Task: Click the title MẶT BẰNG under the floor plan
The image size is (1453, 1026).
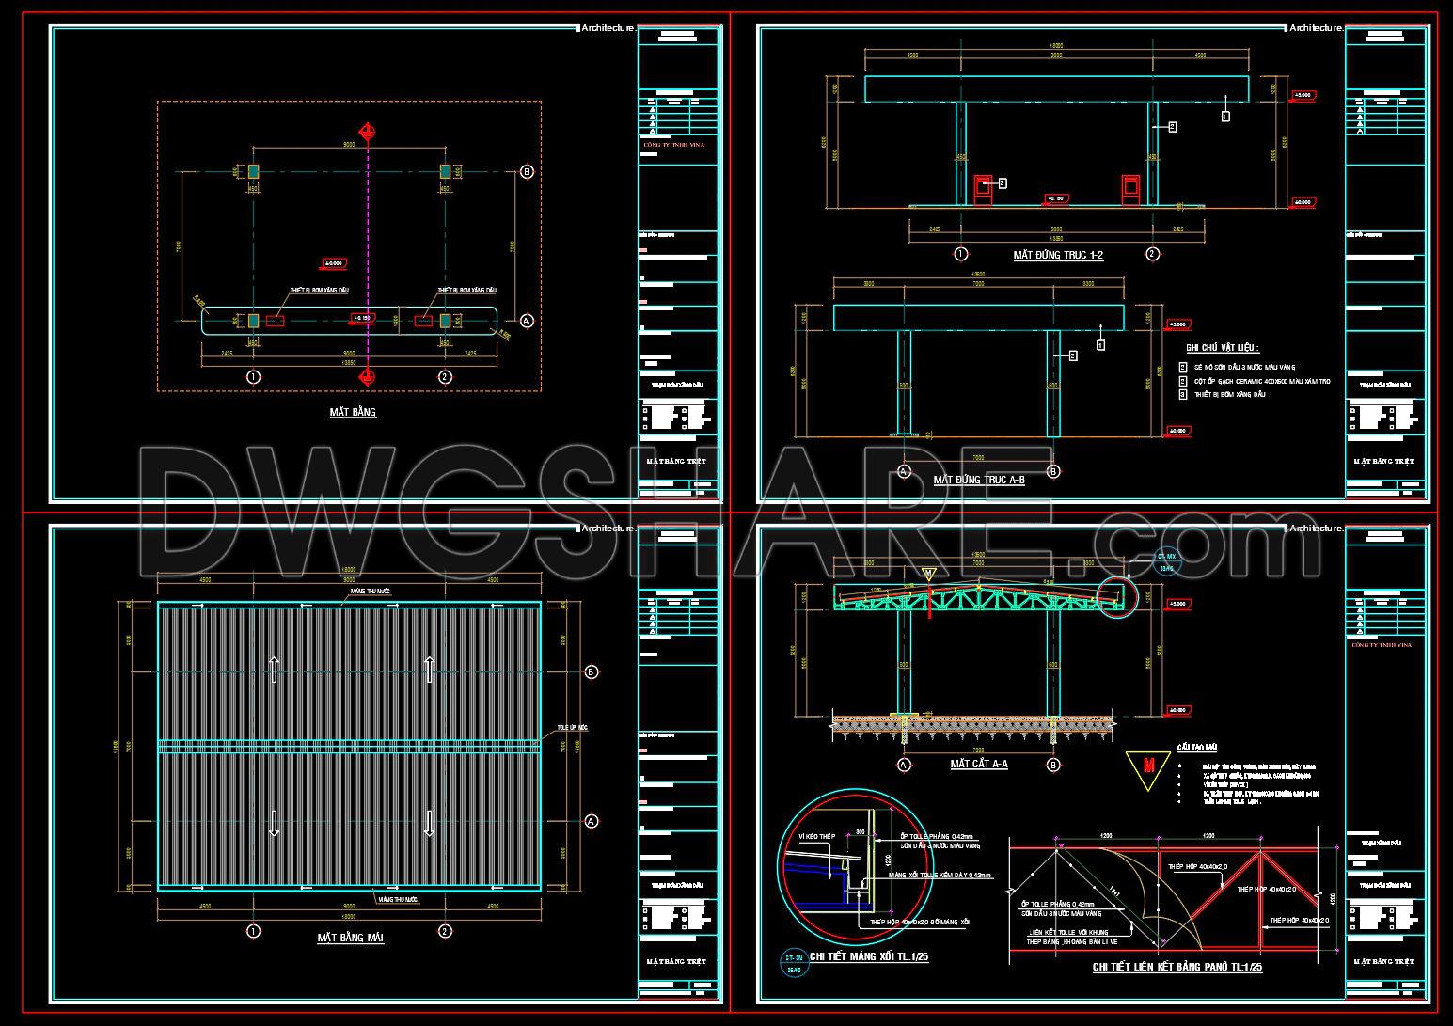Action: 353,412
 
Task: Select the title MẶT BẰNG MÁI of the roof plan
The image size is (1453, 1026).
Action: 350,938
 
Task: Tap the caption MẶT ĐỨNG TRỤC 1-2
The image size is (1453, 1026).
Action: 1058,255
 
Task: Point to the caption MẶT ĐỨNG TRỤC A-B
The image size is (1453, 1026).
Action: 979,480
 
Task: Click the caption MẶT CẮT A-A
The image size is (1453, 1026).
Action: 979,764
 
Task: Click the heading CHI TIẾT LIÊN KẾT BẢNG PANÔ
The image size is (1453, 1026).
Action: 1177,967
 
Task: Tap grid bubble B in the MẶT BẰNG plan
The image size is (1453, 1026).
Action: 527,171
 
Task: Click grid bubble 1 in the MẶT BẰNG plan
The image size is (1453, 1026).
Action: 253,377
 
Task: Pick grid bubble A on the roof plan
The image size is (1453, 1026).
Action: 592,821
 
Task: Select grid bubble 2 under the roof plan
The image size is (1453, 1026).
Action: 446,931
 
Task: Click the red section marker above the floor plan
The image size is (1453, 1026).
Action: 368,131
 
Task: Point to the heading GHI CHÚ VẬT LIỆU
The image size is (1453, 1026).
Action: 1223,348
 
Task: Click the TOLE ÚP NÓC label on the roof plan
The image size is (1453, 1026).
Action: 572,728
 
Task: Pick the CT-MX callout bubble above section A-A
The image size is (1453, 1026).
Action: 1165,561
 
